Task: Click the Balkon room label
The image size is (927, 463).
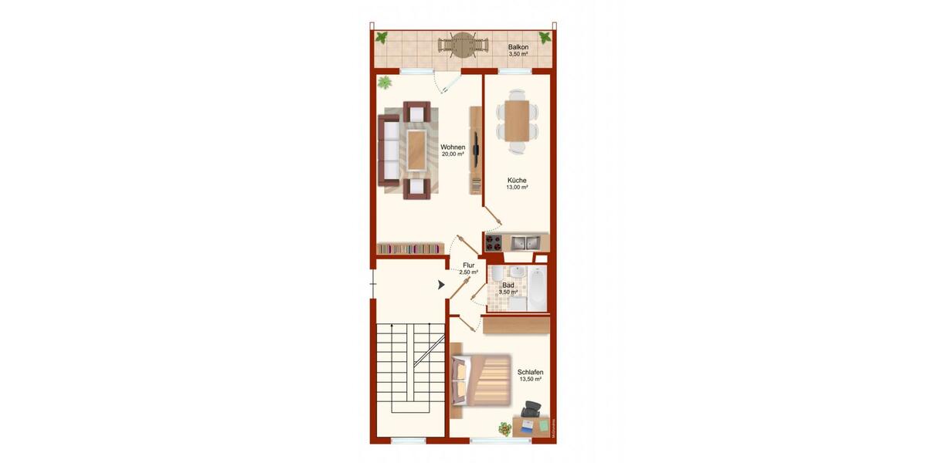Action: pyautogui.click(x=518, y=47)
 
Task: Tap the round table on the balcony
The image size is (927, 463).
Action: pyautogui.click(x=462, y=45)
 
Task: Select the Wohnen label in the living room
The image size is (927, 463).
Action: pyautogui.click(x=453, y=147)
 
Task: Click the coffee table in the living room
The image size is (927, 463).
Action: pyautogui.click(x=417, y=149)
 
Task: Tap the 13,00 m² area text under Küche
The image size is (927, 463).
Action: pyautogui.click(x=517, y=188)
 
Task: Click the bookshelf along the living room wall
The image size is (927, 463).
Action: pyautogui.click(x=410, y=248)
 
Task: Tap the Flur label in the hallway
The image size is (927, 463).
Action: pyautogui.click(x=468, y=265)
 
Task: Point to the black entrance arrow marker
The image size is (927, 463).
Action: pyautogui.click(x=441, y=285)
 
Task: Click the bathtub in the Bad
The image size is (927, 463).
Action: pyautogui.click(x=538, y=289)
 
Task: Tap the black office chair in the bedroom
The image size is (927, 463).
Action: pyautogui.click(x=530, y=410)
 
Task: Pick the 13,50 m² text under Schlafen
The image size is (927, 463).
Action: pyautogui.click(x=530, y=380)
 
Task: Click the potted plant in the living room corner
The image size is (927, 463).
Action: pyautogui.click(x=385, y=82)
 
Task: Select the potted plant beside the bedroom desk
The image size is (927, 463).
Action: pyautogui.click(x=504, y=428)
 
